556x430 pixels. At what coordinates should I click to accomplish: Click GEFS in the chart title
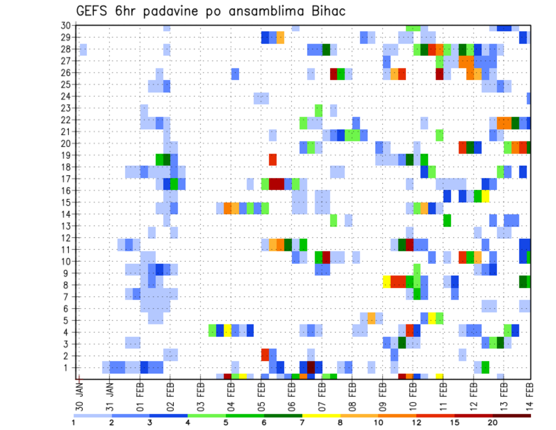click(94, 12)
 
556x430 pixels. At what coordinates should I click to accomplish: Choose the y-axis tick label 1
click(68, 367)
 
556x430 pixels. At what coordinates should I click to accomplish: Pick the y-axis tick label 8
click(68, 285)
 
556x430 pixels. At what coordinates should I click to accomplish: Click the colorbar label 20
click(493, 422)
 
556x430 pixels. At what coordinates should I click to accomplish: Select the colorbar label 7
click(302, 422)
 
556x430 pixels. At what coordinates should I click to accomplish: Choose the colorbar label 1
click(74, 422)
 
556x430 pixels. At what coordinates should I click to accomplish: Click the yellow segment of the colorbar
click(321, 416)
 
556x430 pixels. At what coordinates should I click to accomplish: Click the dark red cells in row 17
click(276, 184)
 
